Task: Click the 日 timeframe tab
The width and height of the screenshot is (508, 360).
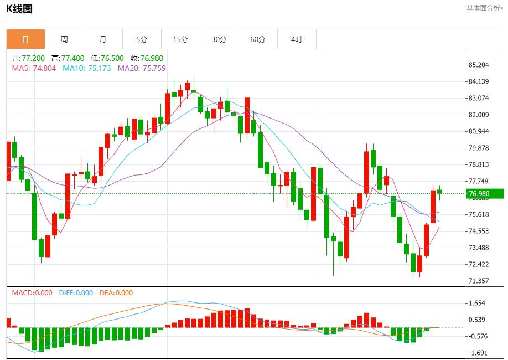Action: pos(25,39)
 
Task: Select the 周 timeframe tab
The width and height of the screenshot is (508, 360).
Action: pos(64,39)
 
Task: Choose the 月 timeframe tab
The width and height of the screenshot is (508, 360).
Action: pos(103,39)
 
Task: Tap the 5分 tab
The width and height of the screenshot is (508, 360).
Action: pos(142,39)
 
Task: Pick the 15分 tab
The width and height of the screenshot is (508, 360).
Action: pos(180,39)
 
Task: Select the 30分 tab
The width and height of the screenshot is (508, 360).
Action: pos(219,39)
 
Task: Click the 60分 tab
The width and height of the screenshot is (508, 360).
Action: pos(258,39)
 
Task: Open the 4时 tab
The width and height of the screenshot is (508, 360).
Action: pos(297,39)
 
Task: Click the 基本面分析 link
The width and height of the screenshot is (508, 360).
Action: pos(485,8)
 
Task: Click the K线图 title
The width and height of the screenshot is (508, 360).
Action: pos(19,9)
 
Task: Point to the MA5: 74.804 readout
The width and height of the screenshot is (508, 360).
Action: pos(34,69)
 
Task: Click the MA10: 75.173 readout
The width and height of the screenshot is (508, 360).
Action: pos(86,69)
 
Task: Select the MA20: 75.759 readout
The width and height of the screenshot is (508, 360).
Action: pos(142,69)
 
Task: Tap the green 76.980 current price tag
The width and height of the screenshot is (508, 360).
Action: pos(484,193)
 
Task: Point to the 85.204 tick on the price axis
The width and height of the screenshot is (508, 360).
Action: pos(479,65)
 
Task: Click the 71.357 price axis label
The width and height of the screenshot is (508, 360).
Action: pos(479,281)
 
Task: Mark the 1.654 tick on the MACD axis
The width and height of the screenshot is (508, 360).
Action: pos(477,303)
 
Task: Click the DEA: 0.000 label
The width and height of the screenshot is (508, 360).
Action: pos(116,293)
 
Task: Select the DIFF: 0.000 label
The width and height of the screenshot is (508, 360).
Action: pos(76,293)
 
